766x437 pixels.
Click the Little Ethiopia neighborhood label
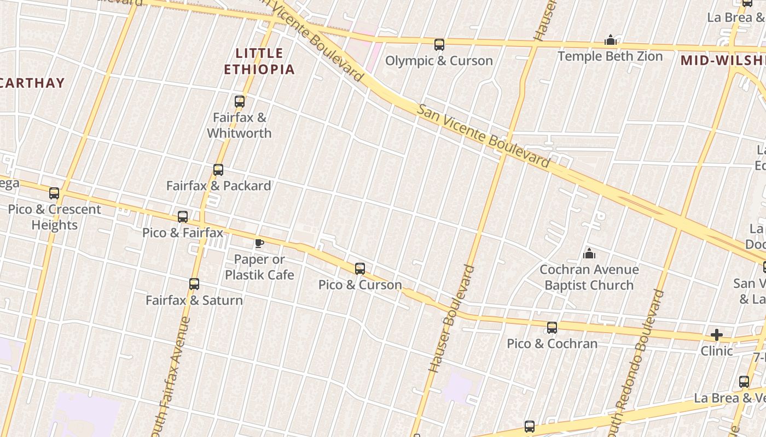pyautogui.click(x=259, y=61)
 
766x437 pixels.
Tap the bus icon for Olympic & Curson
pyautogui.click(x=439, y=45)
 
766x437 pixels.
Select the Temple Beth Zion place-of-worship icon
pyautogui.click(x=611, y=40)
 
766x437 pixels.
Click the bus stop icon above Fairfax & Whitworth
pyautogui.click(x=240, y=101)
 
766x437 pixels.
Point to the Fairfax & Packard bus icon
pyautogui.click(x=218, y=170)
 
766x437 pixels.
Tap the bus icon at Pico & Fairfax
pyautogui.click(x=183, y=217)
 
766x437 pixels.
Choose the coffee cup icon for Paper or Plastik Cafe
pyautogui.click(x=259, y=243)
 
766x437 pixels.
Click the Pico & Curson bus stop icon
pyautogui.click(x=360, y=269)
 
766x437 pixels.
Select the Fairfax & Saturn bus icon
pyautogui.click(x=194, y=284)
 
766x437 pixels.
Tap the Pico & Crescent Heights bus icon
pyautogui.click(x=54, y=193)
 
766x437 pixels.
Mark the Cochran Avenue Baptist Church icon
pyautogui.click(x=589, y=253)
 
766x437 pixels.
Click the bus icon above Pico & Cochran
pyautogui.click(x=552, y=328)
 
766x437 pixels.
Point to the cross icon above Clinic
pyautogui.click(x=716, y=334)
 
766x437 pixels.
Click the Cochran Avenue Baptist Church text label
pyautogui.click(x=589, y=277)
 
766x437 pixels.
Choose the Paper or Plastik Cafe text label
pyautogui.click(x=259, y=267)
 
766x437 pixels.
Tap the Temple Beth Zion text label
pyautogui.click(x=610, y=56)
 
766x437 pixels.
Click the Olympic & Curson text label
pyautogui.click(x=439, y=61)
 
